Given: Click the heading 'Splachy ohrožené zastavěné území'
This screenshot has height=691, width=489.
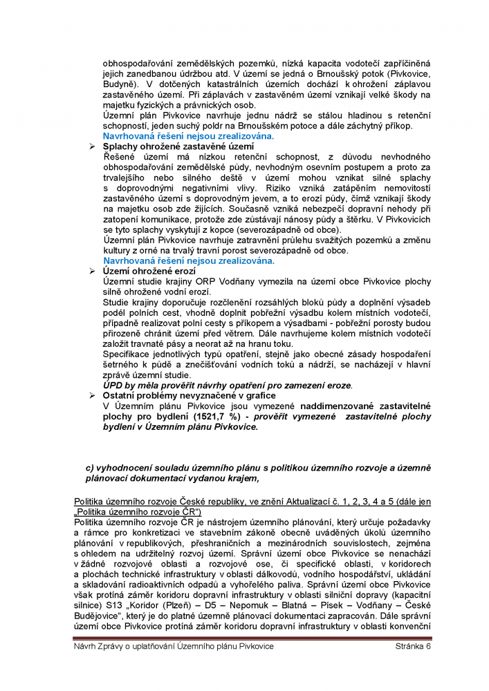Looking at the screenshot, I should tap(178, 147).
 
